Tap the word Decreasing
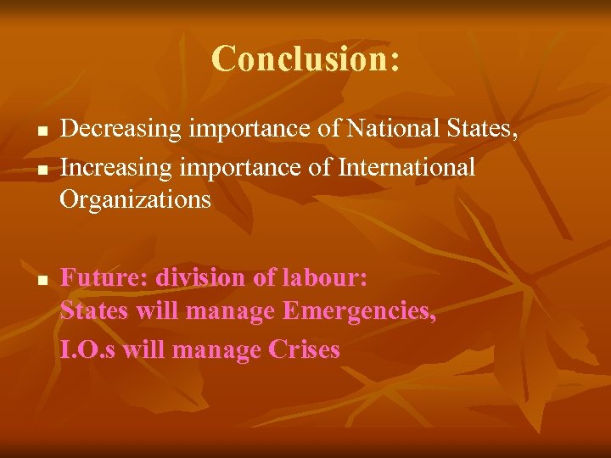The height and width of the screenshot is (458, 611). point(121,130)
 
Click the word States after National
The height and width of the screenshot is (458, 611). point(485,130)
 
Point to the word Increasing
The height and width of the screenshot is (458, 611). point(113,167)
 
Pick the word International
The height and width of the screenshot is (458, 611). point(406,167)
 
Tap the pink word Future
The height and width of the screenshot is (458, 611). point(99,277)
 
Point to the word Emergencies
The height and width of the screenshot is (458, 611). point(360,311)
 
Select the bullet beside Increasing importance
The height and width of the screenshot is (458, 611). point(40,170)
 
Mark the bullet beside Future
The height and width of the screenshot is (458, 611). point(40,280)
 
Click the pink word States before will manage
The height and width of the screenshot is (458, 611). point(94,311)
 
